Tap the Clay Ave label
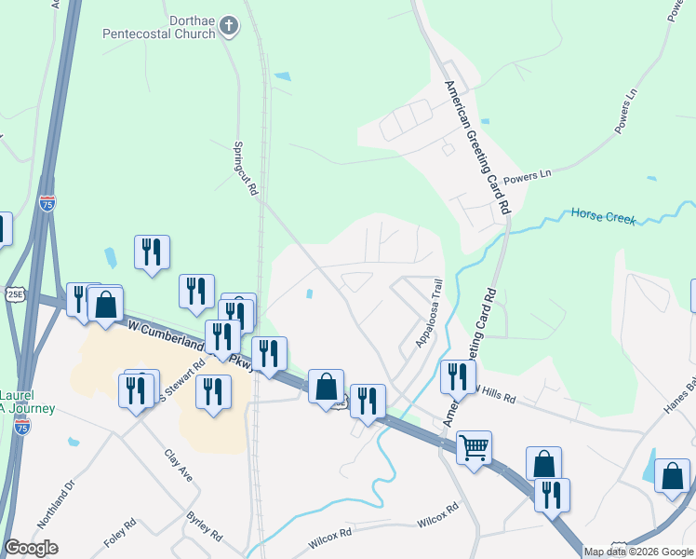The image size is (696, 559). tap(179, 466)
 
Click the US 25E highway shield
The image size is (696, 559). tap(14, 294)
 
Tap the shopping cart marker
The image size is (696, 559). tap(474, 449)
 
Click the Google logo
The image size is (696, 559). tap(31, 548)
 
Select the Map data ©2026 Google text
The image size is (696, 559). tap(638, 552)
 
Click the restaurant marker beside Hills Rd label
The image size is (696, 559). tap(457, 377)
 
